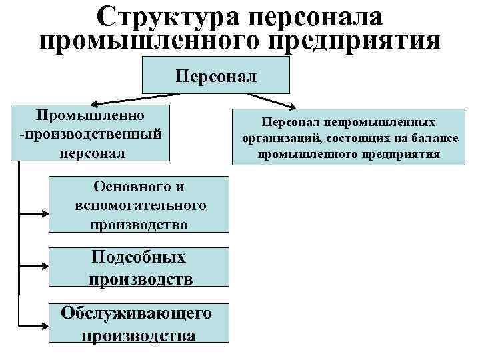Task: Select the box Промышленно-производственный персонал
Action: tap(91, 131)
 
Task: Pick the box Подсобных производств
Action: tap(141, 268)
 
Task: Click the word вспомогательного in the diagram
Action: tap(141, 205)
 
